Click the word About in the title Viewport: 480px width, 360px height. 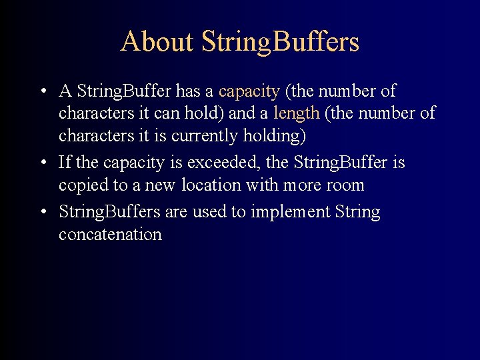tap(157, 41)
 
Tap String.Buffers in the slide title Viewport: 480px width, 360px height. tap(280, 41)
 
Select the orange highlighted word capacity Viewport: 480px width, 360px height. tap(249, 91)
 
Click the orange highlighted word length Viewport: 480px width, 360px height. tap(296, 113)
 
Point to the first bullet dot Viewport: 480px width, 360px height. tap(42, 91)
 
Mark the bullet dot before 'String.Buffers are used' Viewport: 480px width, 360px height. tap(42, 213)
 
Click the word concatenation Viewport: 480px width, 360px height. tap(110, 235)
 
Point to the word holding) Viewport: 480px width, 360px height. tap(273, 136)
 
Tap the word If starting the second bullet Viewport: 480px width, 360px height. tap(65, 163)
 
